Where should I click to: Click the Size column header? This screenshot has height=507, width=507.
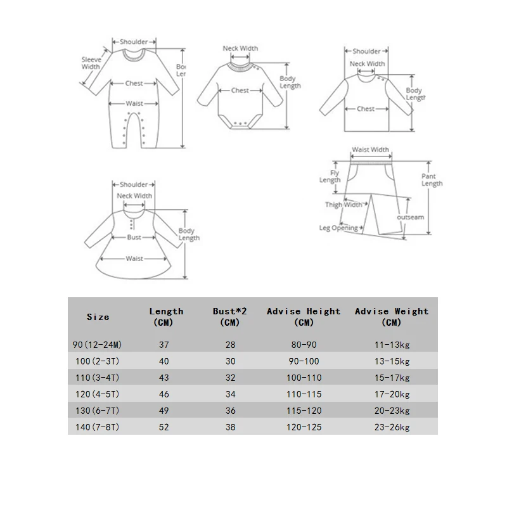pos(98,316)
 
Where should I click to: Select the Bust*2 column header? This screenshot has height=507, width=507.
pos(226,316)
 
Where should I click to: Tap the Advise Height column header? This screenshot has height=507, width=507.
pos(304,316)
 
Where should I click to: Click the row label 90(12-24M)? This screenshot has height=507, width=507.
pos(98,344)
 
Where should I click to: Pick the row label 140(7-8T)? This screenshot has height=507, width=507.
pos(98,427)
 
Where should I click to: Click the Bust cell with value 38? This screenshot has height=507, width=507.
pos(230,427)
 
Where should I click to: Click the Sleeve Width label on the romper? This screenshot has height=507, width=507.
pos(91,63)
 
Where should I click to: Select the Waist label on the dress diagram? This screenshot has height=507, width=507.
pos(134,259)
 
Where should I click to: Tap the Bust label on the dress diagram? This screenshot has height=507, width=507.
pos(134,237)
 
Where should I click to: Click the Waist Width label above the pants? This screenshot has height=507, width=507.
pos(370,150)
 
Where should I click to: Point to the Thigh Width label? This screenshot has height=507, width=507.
pos(344,205)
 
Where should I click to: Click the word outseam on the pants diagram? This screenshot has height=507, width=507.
pos(411,217)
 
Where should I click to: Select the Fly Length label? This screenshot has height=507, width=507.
pos(330,176)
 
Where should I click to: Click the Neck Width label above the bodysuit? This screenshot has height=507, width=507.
pos(240,48)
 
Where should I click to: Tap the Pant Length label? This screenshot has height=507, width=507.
pos(432,180)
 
